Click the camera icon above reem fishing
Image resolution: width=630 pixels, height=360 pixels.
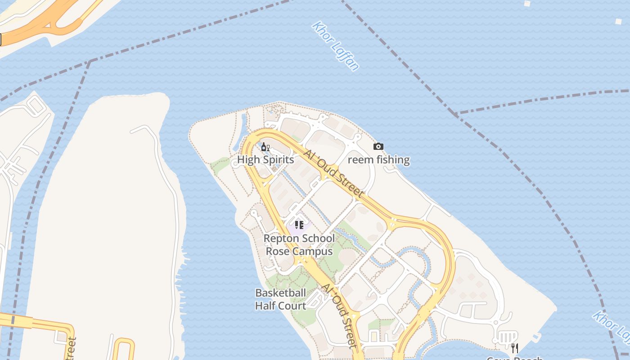click(378, 146)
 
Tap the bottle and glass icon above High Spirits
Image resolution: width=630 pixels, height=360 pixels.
click(265, 147)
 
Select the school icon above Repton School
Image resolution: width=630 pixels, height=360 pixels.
click(299, 225)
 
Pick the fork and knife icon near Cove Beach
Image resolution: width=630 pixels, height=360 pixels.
click(515, 348)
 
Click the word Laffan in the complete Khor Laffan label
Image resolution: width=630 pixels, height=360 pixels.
click(347, 57)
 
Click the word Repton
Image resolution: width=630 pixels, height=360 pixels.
click(281, 238)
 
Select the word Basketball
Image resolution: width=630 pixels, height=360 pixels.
click(280, 293)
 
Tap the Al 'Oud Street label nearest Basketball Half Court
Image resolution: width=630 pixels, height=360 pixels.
click(340, 315)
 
